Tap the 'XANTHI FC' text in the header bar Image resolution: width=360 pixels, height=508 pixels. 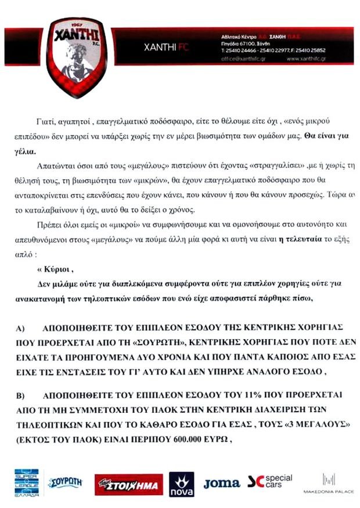click(x=163, y=48)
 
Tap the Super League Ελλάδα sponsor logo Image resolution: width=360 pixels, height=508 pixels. click(x=27, y=483)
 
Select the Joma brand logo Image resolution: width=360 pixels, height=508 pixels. click(x=221, y=483)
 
